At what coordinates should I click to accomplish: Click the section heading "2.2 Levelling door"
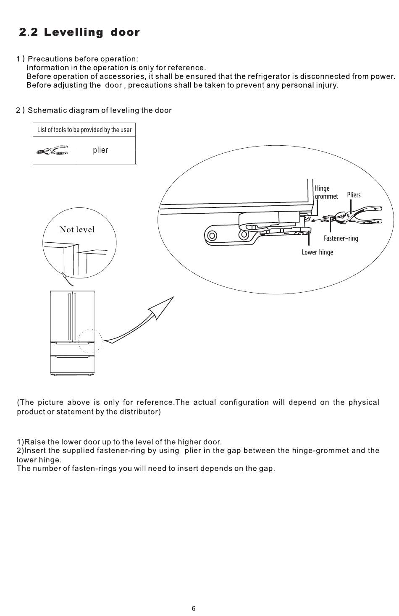79,32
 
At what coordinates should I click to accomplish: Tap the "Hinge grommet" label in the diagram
326,192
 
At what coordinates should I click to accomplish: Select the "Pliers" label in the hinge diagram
354,195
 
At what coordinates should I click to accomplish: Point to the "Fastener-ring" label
341,239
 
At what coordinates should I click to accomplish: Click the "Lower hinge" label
317,252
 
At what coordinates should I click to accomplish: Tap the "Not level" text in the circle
77,229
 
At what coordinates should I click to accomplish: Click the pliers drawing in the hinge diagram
357,215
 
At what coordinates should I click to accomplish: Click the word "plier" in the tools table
100,150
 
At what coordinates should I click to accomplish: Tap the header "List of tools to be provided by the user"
84,130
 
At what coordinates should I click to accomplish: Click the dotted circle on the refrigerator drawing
90,341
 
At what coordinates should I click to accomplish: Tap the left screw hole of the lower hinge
213,235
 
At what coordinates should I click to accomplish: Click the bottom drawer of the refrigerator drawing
72,364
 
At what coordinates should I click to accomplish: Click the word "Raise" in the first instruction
35,442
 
